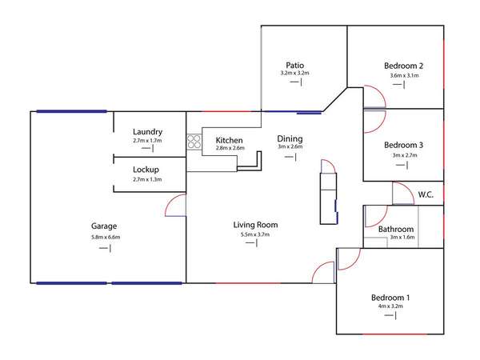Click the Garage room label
pyautogui.click(x=104, y=226)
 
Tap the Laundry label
pyautogui.click(x=147, y=132)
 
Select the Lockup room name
pyautogui.click(x=146, y=170)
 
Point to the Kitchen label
pyautogui.click(x=229, y=140)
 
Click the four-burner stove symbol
pyautogui.click(x=194, y=142)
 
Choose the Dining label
pyautogui.click(x=290, y=138)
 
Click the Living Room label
pyautogui.click(x=256, y=225)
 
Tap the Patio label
pyautogui.click(x=294, y=66)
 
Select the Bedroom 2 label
pyautogui.click(x=403, y=66)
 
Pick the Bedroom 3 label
pyautogui.click(x=403, y=145)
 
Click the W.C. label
pyautogui.click(x=426, y=194)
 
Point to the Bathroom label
pyautogui.click(x=396, y=230)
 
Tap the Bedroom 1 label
pyautogui.click(x=390, y=298)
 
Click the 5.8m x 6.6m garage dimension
pyautogui.click(x=106, y=237)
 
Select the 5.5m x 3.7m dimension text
pyautogui.click(x=255, y=234)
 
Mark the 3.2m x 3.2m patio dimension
pyautogui.click(x=294, y=73)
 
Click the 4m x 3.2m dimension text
pyautogui.click(x=390, y=306)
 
